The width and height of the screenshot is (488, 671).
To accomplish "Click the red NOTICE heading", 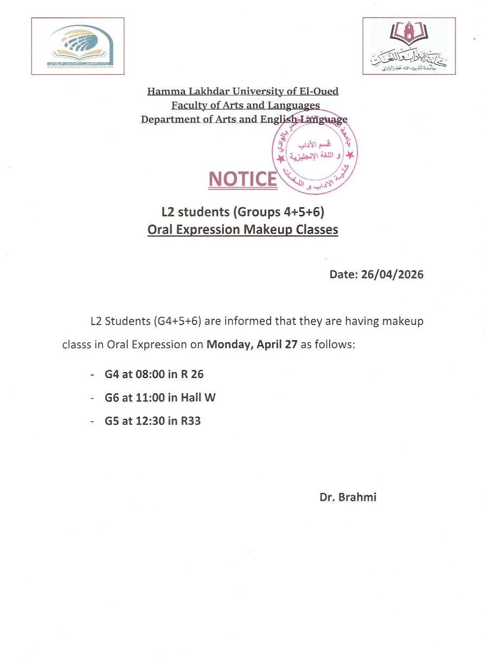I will coord(242,178).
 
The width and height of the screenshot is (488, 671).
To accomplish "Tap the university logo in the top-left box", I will coord(78,46).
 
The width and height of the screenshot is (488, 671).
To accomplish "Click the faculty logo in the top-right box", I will coord(409,46).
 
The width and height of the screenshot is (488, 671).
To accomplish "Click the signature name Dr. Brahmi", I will coord(348,497).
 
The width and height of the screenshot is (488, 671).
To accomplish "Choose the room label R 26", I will coord(192,374).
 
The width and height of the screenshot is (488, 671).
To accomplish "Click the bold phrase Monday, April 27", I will coord(252,344).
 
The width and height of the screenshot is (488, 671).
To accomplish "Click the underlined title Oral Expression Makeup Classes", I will coord(242,229).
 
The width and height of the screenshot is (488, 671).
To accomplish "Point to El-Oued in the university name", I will coord(318,91).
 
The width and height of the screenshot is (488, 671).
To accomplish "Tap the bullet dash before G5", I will coord(92,420).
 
